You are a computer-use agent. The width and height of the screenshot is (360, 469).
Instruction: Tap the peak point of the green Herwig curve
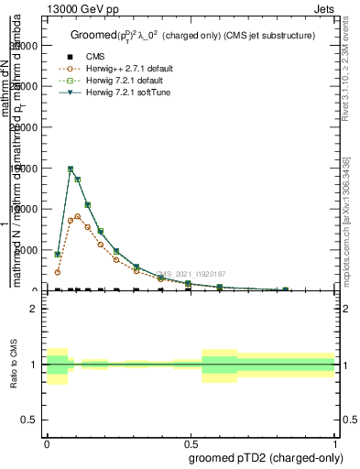pos(71,169)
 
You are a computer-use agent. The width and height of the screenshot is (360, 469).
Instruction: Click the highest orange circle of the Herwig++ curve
pos(78,216)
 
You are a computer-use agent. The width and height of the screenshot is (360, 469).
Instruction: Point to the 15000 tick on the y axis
pos(27,169)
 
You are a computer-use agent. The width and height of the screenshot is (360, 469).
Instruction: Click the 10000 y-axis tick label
pos(27,209)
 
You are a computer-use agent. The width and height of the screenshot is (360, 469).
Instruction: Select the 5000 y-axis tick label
pos(29,250)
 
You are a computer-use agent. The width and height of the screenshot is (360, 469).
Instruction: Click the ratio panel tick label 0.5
pos(30,420)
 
